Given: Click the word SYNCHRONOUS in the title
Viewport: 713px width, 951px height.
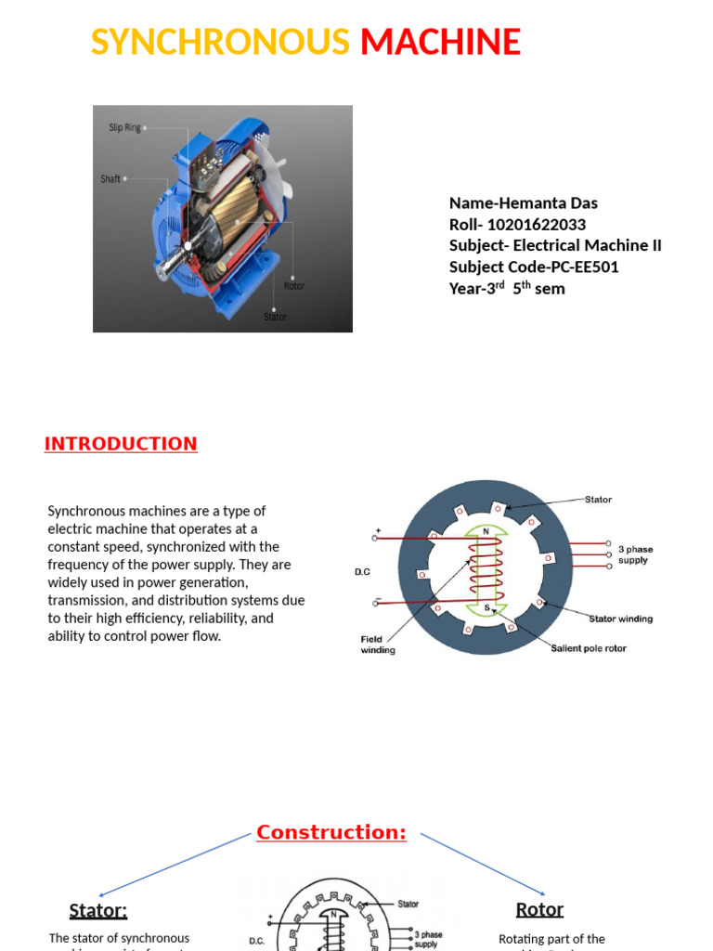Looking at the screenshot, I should [220, 43].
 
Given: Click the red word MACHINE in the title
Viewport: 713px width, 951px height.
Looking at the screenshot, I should [440, 43].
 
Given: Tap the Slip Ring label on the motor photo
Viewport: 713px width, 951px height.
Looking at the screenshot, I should [125, 127].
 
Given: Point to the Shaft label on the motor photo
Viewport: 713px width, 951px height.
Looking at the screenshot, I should [110, 178].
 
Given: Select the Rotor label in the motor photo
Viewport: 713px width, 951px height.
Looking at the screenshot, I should [294, 286].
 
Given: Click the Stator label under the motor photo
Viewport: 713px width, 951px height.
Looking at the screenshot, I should [275, 317].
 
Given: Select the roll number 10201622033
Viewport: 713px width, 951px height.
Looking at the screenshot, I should [538, 225].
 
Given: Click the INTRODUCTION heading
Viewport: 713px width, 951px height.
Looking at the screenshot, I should [121, 444].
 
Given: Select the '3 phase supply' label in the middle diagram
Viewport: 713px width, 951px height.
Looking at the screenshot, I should [633, 554].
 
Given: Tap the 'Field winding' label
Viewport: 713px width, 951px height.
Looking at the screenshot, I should [377, 645].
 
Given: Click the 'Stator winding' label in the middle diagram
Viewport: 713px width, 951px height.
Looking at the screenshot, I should [621, 619].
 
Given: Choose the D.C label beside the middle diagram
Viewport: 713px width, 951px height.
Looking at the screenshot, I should [362, 572].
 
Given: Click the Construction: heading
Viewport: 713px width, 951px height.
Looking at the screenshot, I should [331, 832].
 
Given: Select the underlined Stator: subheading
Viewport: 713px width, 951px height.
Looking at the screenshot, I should [98, 910].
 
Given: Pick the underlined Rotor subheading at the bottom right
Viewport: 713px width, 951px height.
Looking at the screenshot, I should [539, 909].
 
